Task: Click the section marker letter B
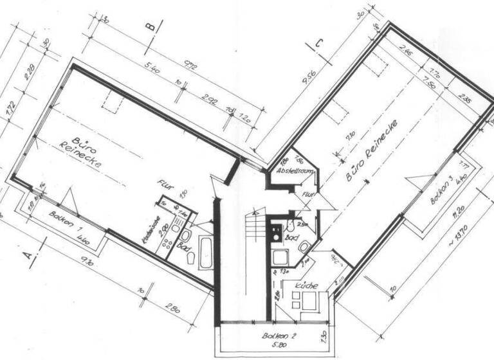(x=151, y=27)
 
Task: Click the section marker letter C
(x=318, y=44)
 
